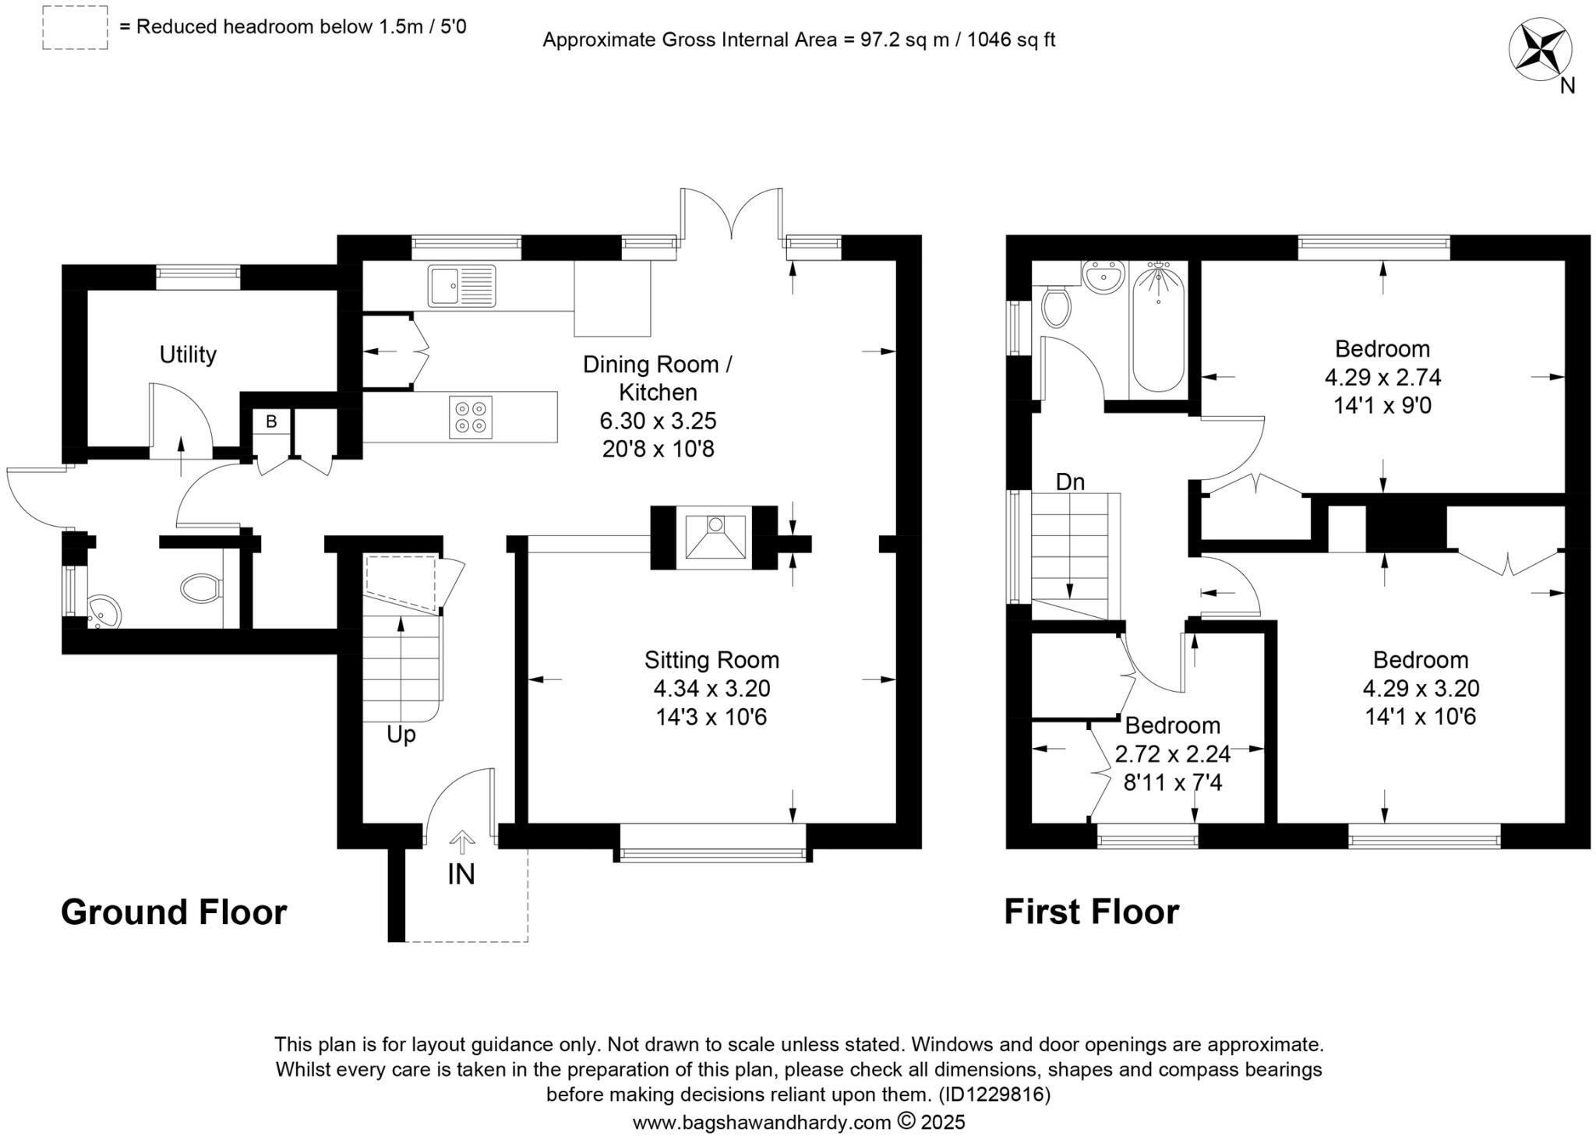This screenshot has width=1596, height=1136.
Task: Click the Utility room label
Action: pos(188,355)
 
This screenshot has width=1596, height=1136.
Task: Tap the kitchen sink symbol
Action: pos(461,286)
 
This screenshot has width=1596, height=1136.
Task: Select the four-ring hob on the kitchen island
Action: pos(471,416)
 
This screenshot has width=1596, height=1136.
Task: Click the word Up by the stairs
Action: pos(401,735)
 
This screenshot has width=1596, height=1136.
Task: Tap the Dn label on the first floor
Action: pos(1070,482)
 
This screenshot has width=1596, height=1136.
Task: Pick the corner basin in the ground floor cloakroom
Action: pos(102,612)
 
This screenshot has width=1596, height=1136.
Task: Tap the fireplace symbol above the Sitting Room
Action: pos(714,537)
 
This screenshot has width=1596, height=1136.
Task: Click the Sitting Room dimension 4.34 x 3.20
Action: pos(711,688)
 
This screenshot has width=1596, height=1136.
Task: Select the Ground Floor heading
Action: pos(174,912)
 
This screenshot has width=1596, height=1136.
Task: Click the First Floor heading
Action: pos(1091,912)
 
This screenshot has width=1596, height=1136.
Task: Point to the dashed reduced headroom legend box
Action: pos(75,29)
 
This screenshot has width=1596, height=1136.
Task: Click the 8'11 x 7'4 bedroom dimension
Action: pos(1172,781)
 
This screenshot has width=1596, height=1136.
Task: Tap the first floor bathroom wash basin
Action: pos(1102,278)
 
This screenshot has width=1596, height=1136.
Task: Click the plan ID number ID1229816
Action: pos(994,1095)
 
